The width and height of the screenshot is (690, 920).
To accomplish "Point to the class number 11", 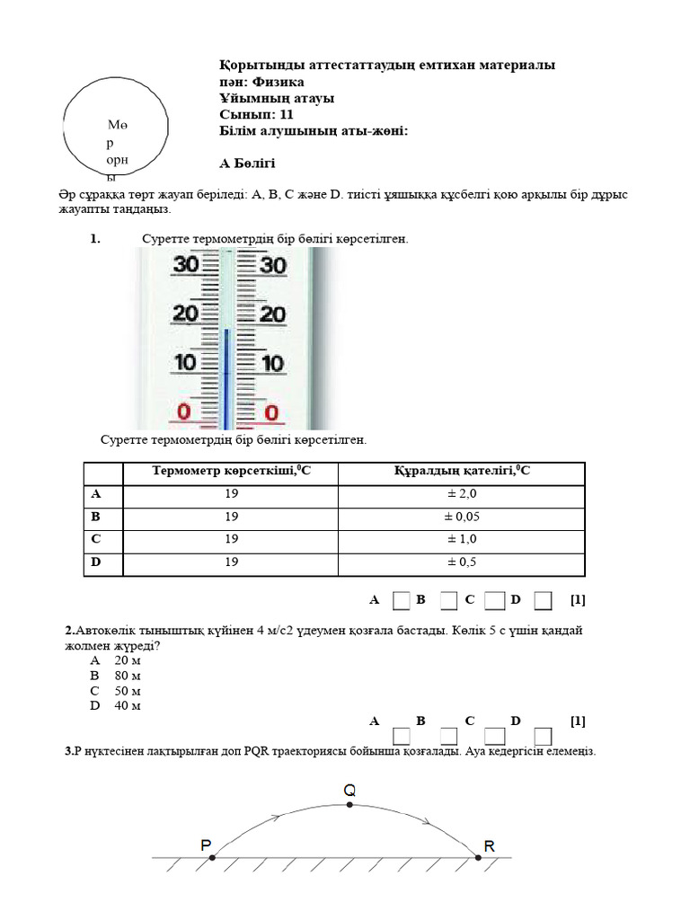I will [285, 114].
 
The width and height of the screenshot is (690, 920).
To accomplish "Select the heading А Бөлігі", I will [247, 164].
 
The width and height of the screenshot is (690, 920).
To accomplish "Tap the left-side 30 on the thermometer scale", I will [185, 264].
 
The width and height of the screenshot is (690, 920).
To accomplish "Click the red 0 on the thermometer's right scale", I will [271, 413].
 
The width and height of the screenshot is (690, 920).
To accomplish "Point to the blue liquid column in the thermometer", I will [226, 377].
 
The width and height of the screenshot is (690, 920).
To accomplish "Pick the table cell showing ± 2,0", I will [460, 493].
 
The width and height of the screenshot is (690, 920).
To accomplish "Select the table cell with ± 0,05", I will [460, 517].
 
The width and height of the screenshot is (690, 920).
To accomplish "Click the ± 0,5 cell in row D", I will [460, 562].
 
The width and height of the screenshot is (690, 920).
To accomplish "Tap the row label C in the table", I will [96, 539].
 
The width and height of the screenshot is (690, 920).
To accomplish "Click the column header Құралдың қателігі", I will [461, 471].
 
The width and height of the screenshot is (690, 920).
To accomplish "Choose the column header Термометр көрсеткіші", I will [231, 471].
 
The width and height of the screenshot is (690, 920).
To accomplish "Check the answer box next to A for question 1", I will [402, 599].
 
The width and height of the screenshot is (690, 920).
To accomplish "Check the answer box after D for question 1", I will [542, 599].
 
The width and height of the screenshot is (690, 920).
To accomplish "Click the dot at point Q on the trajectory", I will [349, 806].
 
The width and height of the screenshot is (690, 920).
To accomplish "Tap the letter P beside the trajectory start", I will [206, 845].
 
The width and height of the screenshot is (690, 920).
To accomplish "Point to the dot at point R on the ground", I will [478, 858].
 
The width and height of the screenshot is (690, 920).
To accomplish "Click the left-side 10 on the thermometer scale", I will [185, 363].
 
